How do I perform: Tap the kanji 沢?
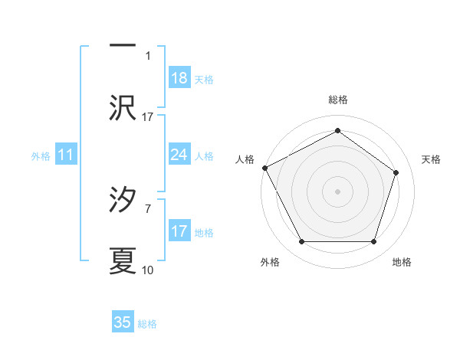click(x=123, y=108)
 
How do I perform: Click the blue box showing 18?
click(x=179, y=78)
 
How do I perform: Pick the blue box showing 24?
click(x=179, y=155)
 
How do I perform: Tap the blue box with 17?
click(x=179, y=231)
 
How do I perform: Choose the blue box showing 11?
click(x=66, y=155)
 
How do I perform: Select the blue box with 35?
click(x=123, y=322)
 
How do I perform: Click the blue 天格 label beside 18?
click(x=204, y=80)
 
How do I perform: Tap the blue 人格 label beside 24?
click(x=204, y=156)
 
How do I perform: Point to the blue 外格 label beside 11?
click(x=41, y=156)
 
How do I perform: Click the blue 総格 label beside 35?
click(x=147, y=324)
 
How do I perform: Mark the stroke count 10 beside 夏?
click(x=148, y=270)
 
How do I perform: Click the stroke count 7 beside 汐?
click(x=147, y=208)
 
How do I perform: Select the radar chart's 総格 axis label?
click(x=337, y=100)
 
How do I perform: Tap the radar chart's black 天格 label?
click(x=432, y=159)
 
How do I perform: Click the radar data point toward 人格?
click(x=264, y=167)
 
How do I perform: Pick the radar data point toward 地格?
click(x=373, y=242)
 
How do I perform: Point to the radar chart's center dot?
click(x=337, y=191)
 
